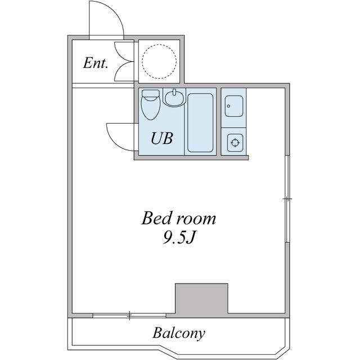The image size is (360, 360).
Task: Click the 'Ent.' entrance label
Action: (x=95, y=63)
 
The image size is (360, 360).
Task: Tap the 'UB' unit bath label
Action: (x=162, y=138)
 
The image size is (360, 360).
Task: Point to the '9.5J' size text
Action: (x=179, y=238)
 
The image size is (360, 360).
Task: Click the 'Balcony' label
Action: (x=179, y=333)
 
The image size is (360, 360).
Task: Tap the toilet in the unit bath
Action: (x=151, y=105)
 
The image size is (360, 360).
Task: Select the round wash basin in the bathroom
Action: (x=174, y=98)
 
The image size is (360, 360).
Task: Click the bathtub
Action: (x=200, y=123)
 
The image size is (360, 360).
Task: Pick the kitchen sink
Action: (x=234, y=106)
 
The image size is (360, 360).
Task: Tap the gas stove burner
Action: (x=235, y=142)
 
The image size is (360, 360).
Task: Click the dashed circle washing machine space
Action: (x=159, y=61)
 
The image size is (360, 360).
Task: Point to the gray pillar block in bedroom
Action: (x=201, y=298)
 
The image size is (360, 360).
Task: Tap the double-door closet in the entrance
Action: (x=124, y=61)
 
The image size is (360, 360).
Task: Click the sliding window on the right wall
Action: (x=287, y=199)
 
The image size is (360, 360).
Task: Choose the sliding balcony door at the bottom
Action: (x=129, y=316)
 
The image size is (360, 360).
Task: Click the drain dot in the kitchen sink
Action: (x=228, y=106)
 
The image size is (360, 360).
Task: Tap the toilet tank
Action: (x=151, y=93)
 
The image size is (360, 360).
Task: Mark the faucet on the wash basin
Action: (x=174, y=92)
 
